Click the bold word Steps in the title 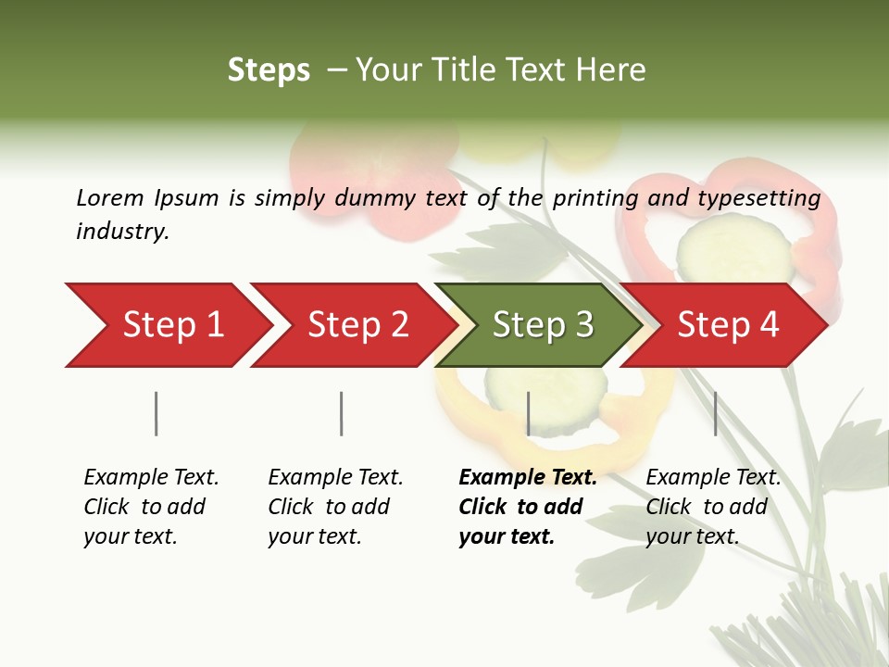(269, 70)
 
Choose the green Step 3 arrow (543, 325)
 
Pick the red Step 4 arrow (728, 325)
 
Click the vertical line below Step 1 (156, 413)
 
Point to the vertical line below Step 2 (341, 413)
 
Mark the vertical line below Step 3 (528, 413)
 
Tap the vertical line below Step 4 (715, 413)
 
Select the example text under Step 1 (151, 506)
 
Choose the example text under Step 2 (335, 506)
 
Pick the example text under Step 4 (713, 506)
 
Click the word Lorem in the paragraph (110, 197)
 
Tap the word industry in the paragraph (122, 232)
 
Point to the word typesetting (758, 197)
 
